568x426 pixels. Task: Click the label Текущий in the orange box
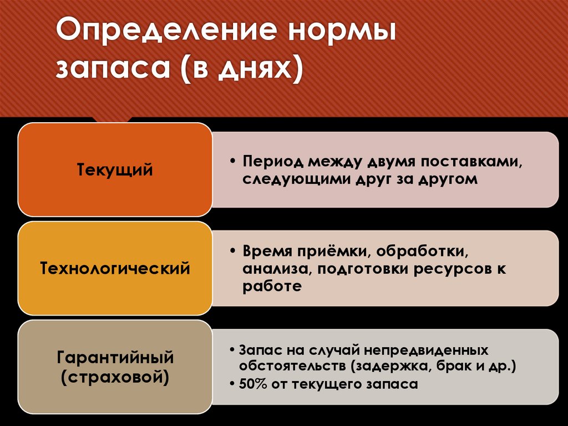pos(115,169)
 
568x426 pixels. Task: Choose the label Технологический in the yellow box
pos(115,269)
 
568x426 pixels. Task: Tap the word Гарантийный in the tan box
pos(115,357)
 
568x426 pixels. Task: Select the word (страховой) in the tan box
pos(115,378)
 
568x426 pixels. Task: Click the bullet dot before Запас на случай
pos(232,351)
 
